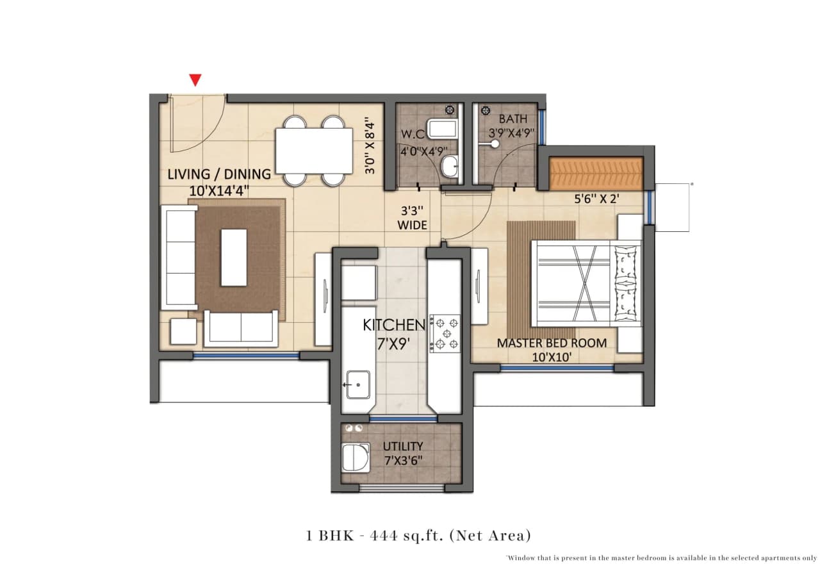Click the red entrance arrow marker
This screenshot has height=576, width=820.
coord(195,80)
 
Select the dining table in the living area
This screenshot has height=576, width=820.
coord(314,151)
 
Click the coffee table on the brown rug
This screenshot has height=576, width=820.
coord(234,258)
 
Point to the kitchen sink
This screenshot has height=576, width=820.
coord(357,384)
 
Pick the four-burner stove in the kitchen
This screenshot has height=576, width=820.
coord(445,333)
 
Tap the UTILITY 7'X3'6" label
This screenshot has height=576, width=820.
coord(402,452)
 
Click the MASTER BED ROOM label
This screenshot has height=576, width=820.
coord(552,350)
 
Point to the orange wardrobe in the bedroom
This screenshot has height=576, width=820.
coord(596,174)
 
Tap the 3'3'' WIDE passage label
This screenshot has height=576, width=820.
coord(411,218)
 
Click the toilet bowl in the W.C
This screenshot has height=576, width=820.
coord(450,167)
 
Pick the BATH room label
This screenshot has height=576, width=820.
coord(513,119)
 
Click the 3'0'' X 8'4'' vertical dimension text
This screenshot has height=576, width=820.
coord(369,145)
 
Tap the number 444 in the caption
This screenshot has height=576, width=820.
coord(382,535)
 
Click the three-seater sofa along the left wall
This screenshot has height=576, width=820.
coord(180,257)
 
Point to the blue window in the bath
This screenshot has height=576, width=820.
coord(542,127)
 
